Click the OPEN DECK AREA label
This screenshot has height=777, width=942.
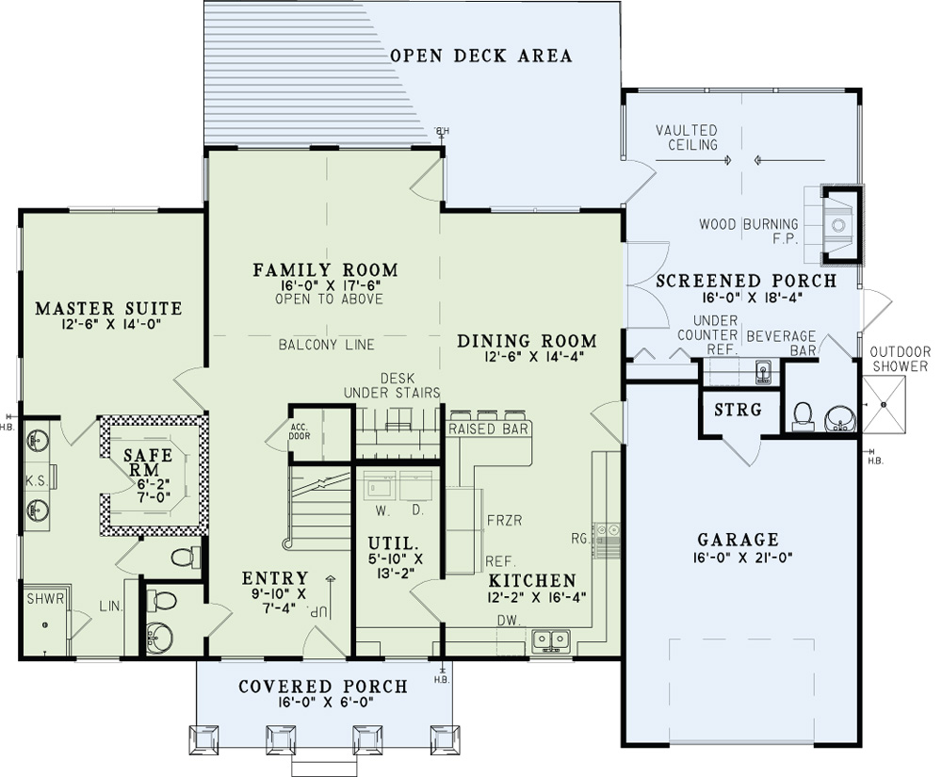coord(480,56)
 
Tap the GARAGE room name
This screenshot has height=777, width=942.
coord(738,540)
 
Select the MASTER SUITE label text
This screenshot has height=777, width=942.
coord(108,309)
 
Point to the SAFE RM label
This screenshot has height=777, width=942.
coord(149,462)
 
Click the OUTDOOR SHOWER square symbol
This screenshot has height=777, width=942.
coord(884,403)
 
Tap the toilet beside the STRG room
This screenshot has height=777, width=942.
coord(803,414)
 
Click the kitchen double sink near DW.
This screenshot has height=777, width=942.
coord(552,640)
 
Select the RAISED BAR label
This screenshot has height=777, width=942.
coord(488,429)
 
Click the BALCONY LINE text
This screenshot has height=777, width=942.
coord(326,345)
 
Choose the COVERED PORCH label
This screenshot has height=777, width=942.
coord(323,687)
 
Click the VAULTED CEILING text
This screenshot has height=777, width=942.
coord(687,138)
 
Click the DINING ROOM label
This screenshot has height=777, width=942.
coord(527,341)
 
